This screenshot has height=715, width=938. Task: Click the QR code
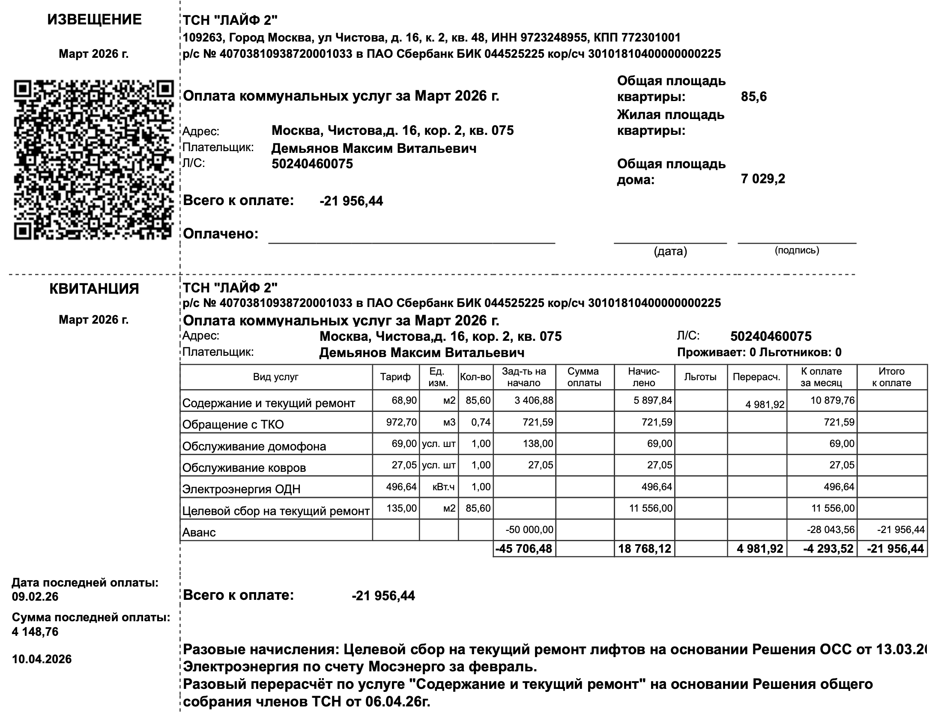click(93, 159)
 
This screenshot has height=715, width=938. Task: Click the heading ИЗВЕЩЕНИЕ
click(94, 20)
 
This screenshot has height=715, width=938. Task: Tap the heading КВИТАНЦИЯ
click(94, 289)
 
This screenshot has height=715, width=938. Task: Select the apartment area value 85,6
click(754, 97)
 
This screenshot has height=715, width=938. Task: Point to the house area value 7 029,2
click(763, 179)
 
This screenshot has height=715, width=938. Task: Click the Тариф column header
click(395, 377)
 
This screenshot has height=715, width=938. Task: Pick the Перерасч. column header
click(756, 377)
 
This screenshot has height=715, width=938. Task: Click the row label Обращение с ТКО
click(233, 424)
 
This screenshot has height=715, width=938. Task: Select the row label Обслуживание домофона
click(254, 447)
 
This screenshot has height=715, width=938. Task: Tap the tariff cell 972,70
click(401, 422)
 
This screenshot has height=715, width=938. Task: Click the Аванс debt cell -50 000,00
click(529, 530)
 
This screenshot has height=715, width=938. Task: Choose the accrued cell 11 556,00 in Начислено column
click(651, 508)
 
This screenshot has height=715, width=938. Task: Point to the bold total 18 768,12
click(645, 549)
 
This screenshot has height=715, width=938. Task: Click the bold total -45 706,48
click(524, 549)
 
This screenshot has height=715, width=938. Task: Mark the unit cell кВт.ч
click(444, 487)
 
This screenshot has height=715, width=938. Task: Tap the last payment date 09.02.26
click(35, 597)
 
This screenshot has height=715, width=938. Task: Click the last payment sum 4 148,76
click(35, 632)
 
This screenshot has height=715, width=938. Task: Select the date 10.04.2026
click(42, 659)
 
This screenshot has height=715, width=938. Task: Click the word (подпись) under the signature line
click(797, 250)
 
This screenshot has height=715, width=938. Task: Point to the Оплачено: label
click(221, 234)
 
